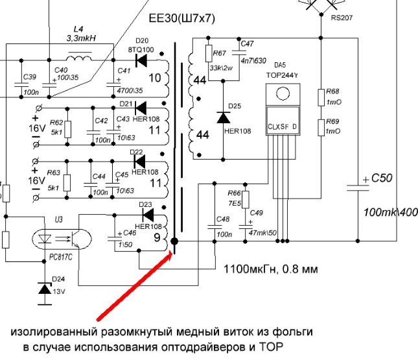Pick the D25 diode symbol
(223, 117)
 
